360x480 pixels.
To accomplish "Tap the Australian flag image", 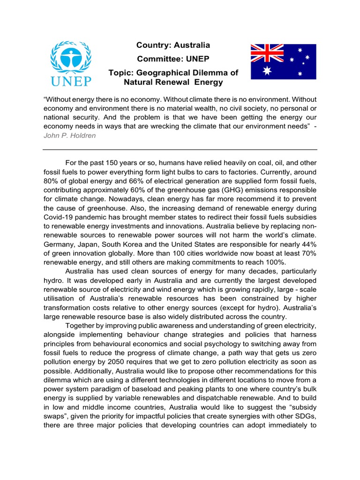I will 283,61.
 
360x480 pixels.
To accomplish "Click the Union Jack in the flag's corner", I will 267,53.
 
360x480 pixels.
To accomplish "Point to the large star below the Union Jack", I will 267,71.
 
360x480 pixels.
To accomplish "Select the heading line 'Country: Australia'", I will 173,45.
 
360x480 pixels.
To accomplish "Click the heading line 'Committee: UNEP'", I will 173,59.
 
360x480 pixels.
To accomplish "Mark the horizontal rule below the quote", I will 180,150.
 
